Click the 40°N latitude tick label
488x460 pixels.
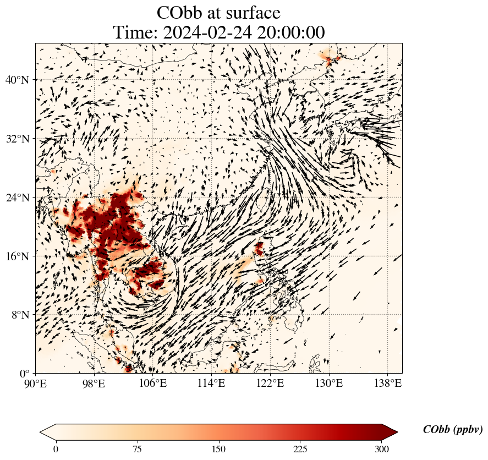point(20,80)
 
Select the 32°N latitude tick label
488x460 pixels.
point(20,139)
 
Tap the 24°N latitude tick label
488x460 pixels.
point(20,198)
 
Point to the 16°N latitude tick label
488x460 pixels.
point(20,256)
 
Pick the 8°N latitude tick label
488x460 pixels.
point(23,315)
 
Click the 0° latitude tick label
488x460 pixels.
point(25,374)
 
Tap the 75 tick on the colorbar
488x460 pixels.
point(137,449)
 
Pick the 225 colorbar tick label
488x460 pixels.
point(300,449)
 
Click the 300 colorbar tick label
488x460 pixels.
point(382,449)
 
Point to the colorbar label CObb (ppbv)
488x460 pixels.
point(453,430)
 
